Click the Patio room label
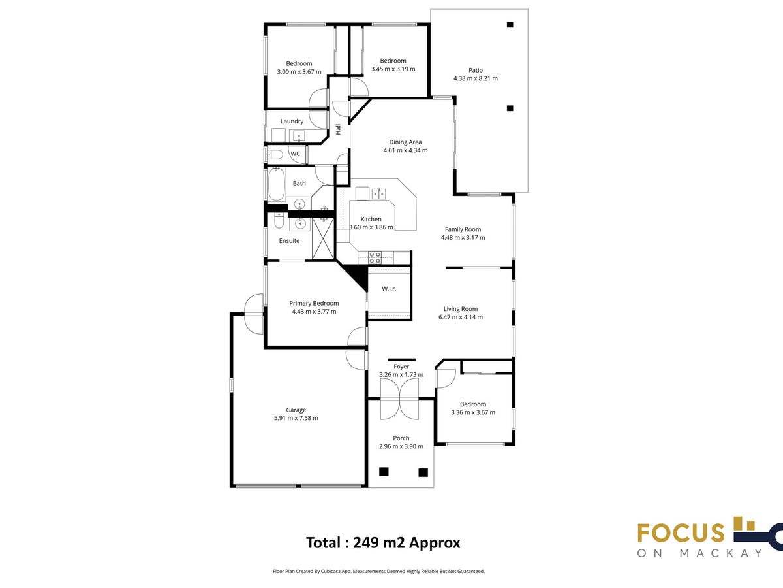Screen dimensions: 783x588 pos(476,71)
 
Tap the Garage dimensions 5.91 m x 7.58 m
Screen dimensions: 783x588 pos(296,418)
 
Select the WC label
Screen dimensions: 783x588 pos(296,154)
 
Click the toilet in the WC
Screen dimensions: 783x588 pos(275,155)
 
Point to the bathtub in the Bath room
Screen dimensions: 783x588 pos(277,184)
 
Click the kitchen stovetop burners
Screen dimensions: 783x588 pos(375,257)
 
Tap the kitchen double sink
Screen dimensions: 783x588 pos(378,194)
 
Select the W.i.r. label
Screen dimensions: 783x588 pos(389,289)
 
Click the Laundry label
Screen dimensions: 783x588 pos(292,122)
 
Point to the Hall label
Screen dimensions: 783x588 pos(338,129)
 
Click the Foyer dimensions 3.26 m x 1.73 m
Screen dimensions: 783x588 pos(401,374)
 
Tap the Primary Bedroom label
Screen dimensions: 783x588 pos(314,303)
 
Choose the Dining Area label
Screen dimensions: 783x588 pos(405,142)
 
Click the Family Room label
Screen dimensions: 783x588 pos(463,229)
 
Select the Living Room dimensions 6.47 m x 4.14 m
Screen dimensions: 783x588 pos(461,317)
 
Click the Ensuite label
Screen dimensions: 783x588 pos(289,241)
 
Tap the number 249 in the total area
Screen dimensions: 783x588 pos(366,543)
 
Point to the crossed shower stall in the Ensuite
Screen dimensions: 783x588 pos(323,238)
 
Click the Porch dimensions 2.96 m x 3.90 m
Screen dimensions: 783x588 pos(401,446)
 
